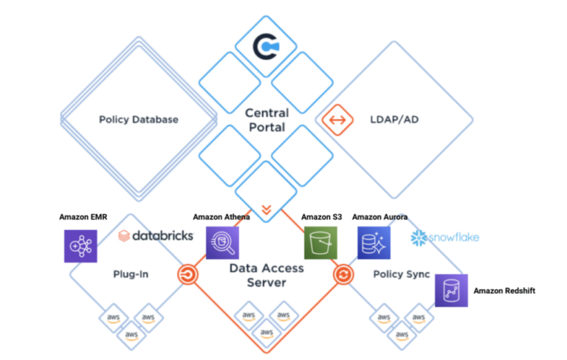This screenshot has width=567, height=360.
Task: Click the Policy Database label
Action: [139, 120]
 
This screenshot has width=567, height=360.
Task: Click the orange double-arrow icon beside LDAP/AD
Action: [338, 120]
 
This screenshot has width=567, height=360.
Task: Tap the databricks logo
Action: [156, 235]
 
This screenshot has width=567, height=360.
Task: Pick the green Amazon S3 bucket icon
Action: [320, 242]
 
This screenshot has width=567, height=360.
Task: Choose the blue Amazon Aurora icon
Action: [374, 242]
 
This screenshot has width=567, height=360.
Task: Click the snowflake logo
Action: [444, 237]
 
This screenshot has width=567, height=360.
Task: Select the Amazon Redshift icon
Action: [451, 291]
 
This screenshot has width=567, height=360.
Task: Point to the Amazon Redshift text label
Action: [504, 291]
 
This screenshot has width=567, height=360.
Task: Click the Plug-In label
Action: [131, 274]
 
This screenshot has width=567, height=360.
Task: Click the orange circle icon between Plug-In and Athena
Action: [188, 274]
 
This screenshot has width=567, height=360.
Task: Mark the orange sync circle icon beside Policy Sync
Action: [343, 274]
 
